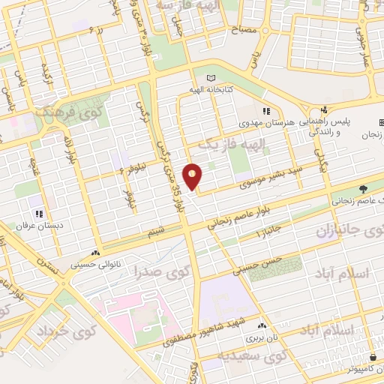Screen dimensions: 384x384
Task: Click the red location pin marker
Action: pos(193,175)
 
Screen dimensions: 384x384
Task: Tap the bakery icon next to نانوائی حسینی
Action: pos(95,253)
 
